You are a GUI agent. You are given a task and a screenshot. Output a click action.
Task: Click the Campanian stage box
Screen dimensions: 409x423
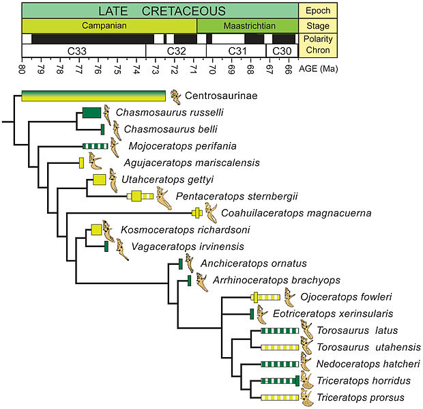[109, 26]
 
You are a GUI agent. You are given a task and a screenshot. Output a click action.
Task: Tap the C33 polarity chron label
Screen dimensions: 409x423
[84, 51]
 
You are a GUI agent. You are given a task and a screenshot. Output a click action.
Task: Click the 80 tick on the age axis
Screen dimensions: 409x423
[22, 69]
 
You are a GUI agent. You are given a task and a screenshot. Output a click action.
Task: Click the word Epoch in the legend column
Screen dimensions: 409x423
[318, 10]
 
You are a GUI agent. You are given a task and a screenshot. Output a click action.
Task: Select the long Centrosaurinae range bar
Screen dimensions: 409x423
[93, 96]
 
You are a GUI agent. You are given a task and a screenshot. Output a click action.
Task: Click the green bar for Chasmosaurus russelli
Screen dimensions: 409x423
[91, 113]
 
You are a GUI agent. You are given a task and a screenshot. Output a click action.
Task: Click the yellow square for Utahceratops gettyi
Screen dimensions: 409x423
[100, 180]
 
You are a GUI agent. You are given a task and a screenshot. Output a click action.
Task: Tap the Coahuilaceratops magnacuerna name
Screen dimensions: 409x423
[296, 213]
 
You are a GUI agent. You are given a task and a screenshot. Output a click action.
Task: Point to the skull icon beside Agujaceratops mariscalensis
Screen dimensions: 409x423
[96, 162]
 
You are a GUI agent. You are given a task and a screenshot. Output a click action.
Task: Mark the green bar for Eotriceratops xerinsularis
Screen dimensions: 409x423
[252, 314]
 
